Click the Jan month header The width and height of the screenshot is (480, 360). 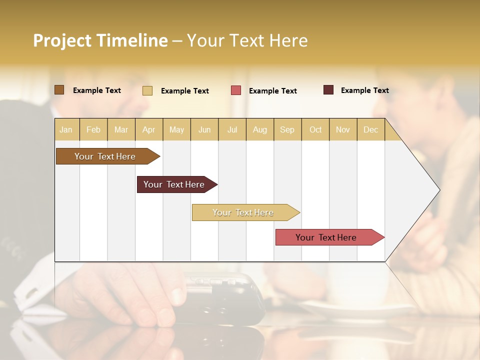pyautogui.click(x=66, y=130)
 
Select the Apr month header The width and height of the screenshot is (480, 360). pyautogui.click(x=149, y=130)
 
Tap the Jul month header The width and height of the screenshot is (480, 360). pyautogui.click(x=232, y=130)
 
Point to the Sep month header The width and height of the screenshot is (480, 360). pyautogui.click(x=287, y=130)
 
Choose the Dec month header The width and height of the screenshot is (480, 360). pyautogui.click(x=371, y=130)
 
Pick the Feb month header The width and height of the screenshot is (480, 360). pyautogui.click(x=93, y=130)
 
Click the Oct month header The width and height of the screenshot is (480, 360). pyautogui.click(x=315, y=130)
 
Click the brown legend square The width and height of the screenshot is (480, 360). pyautogui.click(x=59, y=90)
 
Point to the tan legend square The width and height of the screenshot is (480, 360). pyautogui.click(x=147, y=90)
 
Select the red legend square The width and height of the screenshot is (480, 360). pyautogui.click(x=236, y=90)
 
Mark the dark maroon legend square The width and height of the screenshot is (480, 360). pyautogui.click(x=328, y=90)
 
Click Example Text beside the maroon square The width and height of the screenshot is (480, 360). pyautogui.click(x=364, y=90)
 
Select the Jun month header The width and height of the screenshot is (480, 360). pyautogui.click(x=204, y=130)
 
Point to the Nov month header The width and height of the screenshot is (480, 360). pyautogui.click(x=343, y=130)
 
